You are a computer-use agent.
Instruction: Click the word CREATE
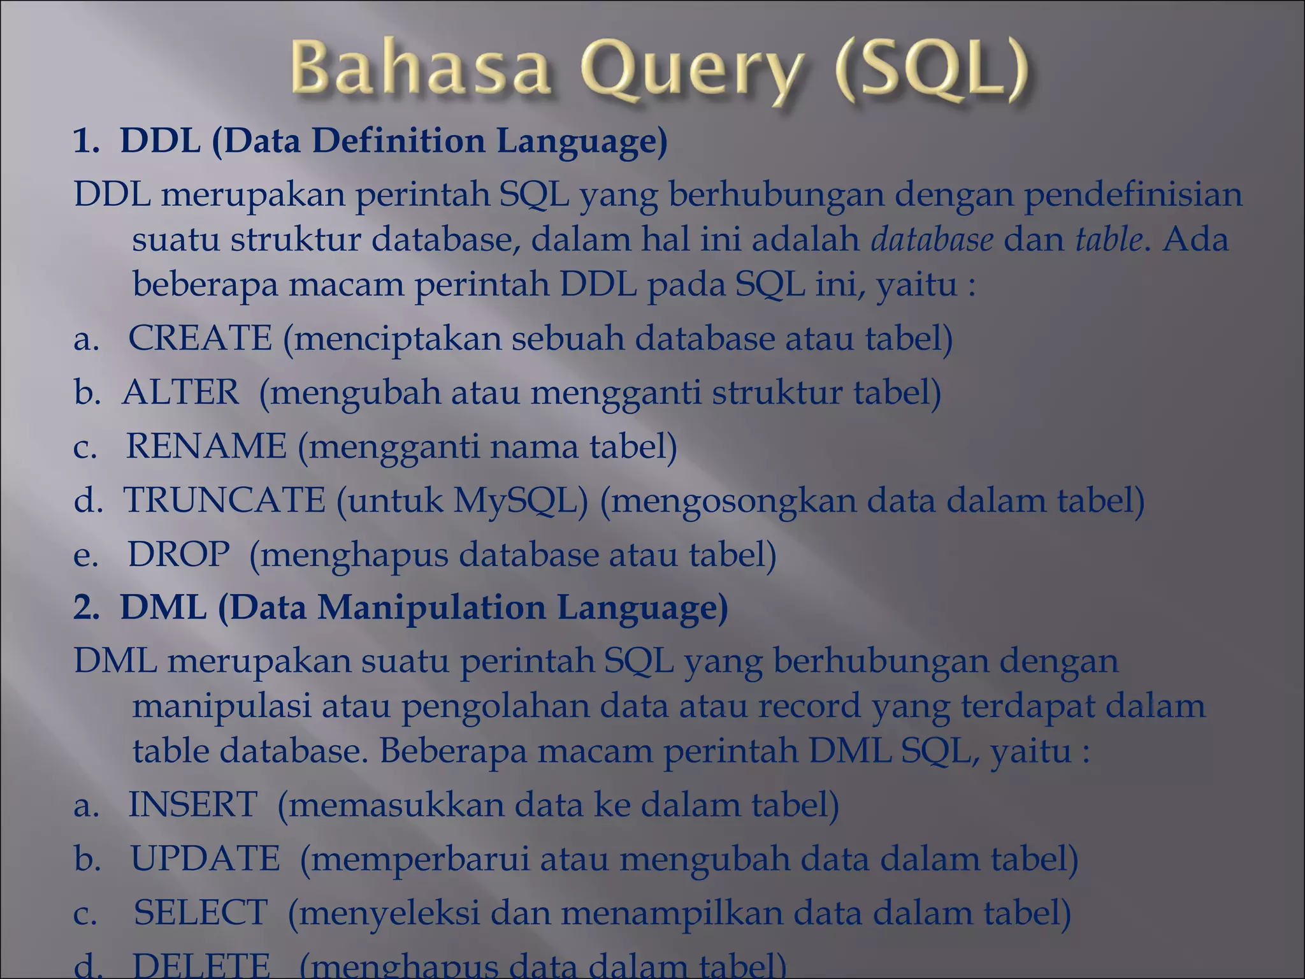(200, 338)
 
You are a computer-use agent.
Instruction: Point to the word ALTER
(180, 391)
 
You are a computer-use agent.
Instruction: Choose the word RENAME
(206, 446)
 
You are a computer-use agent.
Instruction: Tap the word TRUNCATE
(224, 500)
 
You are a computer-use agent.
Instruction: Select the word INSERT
(192, 804)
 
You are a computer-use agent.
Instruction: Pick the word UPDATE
(205, 858)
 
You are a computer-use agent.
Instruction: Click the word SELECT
(200, 912)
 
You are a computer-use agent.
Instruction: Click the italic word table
(1108, 240)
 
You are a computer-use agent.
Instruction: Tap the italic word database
(932, 240)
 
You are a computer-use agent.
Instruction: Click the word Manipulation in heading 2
(431, 607)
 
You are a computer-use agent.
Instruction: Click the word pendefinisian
(1133, 194)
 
